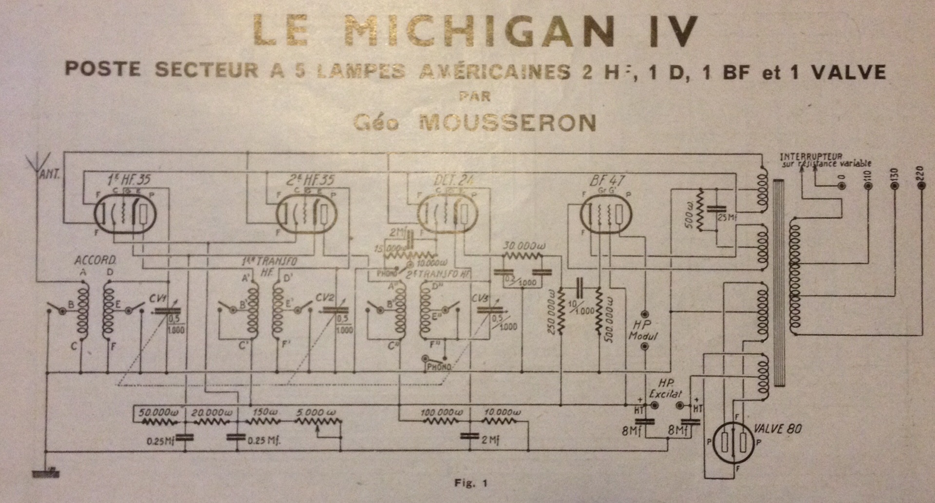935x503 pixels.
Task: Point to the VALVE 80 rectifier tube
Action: pyautogui.click(x=733, y=442)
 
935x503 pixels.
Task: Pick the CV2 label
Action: pyautogui.click(x=324, y=297)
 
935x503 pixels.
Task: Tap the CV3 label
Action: pyautogui.click(x=480, y=297)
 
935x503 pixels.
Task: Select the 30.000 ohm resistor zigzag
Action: pyautogui.click(x=522, y=255)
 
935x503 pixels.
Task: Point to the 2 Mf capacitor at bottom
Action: pyautogui.click(x=470, y=437)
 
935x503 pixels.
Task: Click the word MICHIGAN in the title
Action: pyautogui.click(x=462, y=30)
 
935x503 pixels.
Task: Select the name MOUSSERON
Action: pyautogui.click(x=507, y=123)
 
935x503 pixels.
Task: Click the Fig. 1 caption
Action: pyautogui.click(x=470, y=483)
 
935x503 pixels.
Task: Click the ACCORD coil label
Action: pyautogui.click(x=95, y=260)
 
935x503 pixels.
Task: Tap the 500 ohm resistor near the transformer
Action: pyautogui.click(x=701, y=210)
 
